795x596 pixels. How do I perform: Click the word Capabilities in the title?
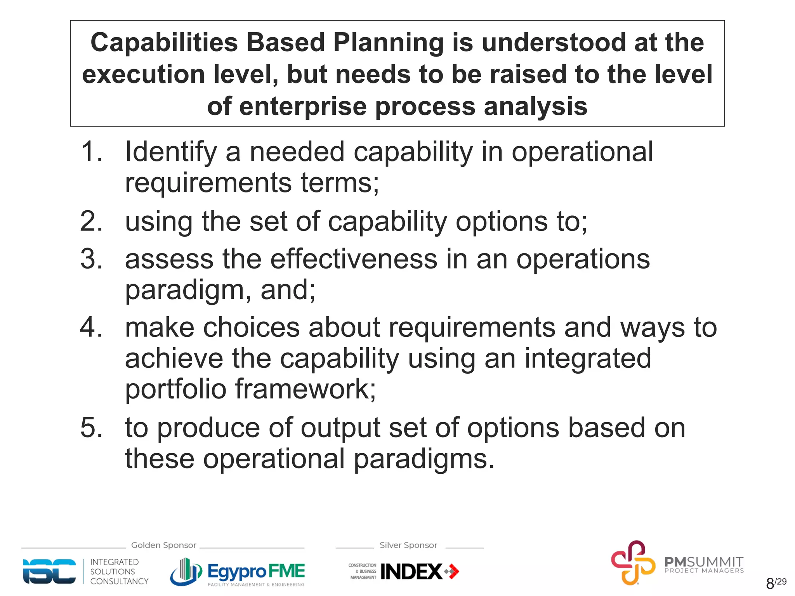[164, 42]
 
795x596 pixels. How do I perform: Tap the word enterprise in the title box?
[302, 106]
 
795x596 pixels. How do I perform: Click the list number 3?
[92, 259]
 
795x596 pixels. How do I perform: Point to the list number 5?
[92, 428]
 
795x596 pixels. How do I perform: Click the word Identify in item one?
[171, 152]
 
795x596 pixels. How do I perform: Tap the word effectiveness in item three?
[354, 259]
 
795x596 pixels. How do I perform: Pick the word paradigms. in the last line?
[424, 459]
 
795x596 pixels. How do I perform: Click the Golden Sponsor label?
[163, 545]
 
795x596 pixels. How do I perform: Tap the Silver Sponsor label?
[408, 545]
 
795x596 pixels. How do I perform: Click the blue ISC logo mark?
[49, 571]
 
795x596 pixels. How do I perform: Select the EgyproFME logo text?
[256, 571]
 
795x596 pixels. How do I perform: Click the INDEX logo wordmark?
[411, 572]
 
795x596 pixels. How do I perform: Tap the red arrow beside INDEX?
[452, 571]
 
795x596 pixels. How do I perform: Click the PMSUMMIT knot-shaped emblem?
[633, 562]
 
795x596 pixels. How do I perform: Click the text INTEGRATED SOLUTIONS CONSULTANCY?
[119, 572]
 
